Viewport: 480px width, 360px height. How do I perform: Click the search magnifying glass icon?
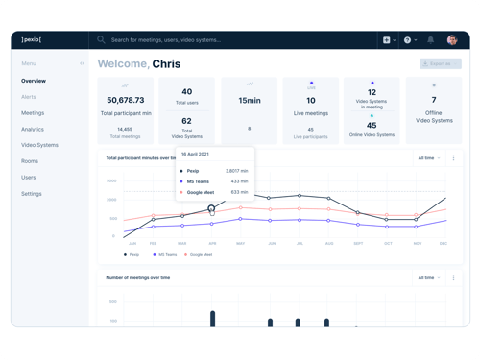(101, 40)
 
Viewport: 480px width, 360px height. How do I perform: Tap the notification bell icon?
(430, 40)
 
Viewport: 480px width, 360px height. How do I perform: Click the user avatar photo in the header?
(451, 40)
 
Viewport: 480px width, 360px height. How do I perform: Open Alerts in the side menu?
(29, 97)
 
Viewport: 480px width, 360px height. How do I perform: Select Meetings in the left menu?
(33, 113)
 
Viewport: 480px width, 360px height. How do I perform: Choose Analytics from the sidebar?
(33, 129)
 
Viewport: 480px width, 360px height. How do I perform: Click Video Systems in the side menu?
(39, 145)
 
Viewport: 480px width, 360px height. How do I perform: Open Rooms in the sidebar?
(30, 161)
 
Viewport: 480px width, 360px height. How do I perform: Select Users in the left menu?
(29, 178)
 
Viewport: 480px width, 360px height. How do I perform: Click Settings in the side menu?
(32, 193)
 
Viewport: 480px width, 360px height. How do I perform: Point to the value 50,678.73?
(126, 100)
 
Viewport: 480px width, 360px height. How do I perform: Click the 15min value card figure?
(250, 100)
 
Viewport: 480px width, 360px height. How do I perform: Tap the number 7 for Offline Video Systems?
(434, 100)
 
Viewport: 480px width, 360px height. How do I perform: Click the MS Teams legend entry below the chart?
(165, 254)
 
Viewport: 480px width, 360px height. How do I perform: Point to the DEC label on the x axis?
(444, 243)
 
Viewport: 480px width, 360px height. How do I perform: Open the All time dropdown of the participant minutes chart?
(429, 157)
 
